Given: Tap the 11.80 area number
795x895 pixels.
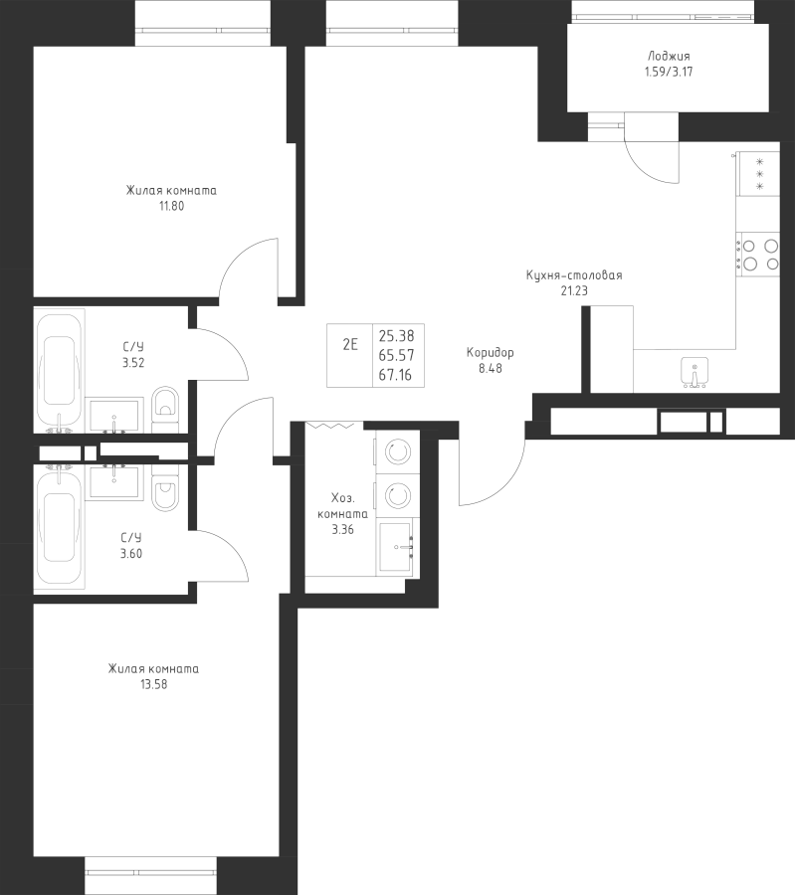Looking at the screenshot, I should click(x=171, y=207).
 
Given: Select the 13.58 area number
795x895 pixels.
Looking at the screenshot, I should click(x=153, y=684).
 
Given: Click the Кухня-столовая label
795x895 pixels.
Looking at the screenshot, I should click(x=574, y=276).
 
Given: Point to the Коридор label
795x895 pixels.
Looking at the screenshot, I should click(x=490, y=353).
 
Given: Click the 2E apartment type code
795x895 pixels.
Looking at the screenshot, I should click(x=349, y=345).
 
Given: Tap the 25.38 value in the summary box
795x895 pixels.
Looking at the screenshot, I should click(x=396, y=336).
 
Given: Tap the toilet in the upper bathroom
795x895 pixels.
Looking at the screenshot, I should click(x=165, y=406).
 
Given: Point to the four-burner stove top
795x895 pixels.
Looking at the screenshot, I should click(x=758, y=254).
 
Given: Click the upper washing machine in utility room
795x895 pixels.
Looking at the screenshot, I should click(x=397, y=452).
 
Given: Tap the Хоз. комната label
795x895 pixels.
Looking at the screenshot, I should click(x=341, y=507).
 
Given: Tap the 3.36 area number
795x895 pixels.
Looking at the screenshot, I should click(x=341, y=529).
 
